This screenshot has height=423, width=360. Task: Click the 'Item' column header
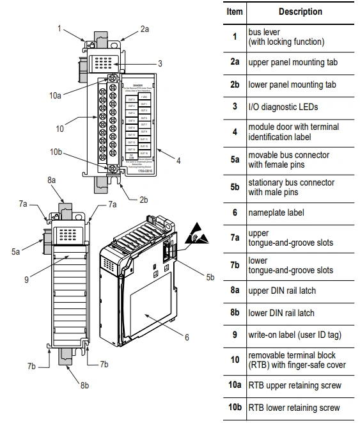[x=235, y=12]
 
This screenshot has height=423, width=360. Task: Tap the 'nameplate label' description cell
[x=276, y=212]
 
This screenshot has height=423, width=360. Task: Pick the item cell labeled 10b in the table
[x=235, y=408]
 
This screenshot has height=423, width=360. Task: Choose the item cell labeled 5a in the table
[x=235, y=159]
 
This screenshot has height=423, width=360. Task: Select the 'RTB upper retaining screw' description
[x=295, y=385]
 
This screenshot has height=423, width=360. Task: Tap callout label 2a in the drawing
[x=145, y=29]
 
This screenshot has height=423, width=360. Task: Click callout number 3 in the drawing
[x=160, y=63]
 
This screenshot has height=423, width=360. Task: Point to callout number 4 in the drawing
[x=178, y=161]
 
